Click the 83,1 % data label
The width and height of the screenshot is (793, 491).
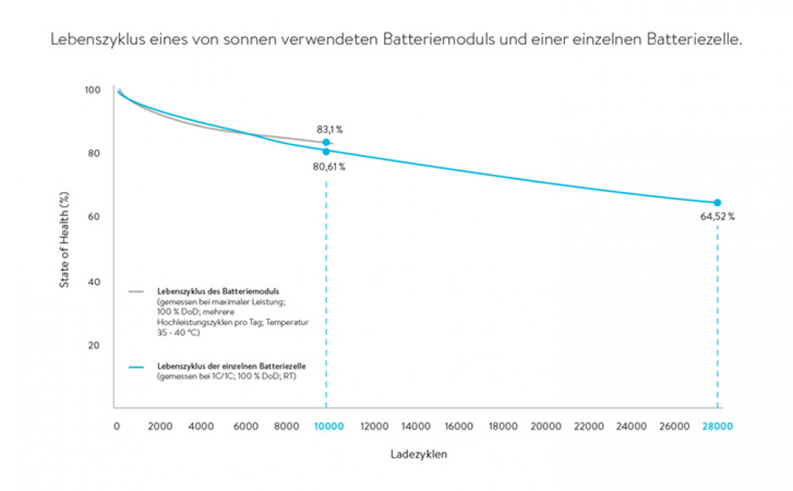pyautogui.click(x=328, y=129)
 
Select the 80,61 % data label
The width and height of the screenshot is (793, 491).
pyautogui.click(x=329, y=167)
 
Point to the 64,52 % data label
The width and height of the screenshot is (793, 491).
pyautogui.click(x=717, y=217)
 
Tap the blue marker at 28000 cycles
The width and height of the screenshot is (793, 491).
pyautogui.click(x=717, y=203)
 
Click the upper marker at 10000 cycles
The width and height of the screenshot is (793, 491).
pyautogui.click(x=326, y=142)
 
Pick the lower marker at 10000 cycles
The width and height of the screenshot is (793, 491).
pyautogui.click(x=326, y=151)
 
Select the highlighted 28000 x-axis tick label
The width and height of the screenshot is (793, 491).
pyautogui.click(x=717, y=426)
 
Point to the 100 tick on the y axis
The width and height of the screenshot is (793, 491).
pyautogui.click(x=92, y=90)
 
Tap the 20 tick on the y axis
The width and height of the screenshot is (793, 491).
pyautogui.click(x=94, y=345)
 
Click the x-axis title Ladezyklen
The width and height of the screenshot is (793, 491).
pyautogui.click(x=419, y=455)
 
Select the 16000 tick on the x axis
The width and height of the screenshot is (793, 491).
pyautogui.click(x=459, y=426)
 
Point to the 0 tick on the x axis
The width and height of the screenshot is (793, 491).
pyautogui.click(x=116, y=426)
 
